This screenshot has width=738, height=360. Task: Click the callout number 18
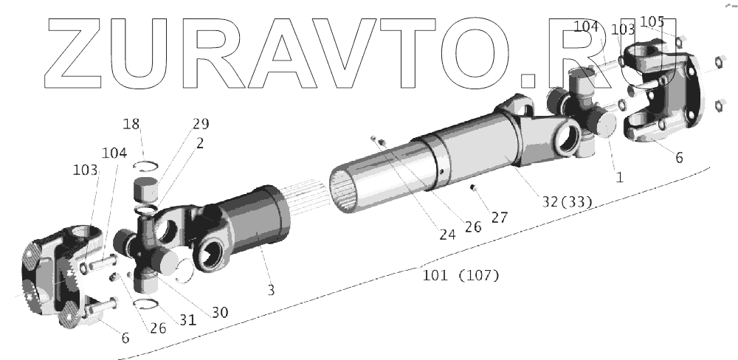131,124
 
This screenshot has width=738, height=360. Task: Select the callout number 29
201,124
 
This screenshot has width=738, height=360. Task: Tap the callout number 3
271,291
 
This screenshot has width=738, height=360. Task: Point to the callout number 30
220,312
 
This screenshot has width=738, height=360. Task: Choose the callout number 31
187,319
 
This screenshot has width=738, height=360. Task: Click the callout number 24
448,235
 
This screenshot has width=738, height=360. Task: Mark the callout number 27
500,217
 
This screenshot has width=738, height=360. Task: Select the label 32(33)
567,201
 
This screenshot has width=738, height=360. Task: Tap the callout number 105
652,21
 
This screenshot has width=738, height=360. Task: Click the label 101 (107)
461,275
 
